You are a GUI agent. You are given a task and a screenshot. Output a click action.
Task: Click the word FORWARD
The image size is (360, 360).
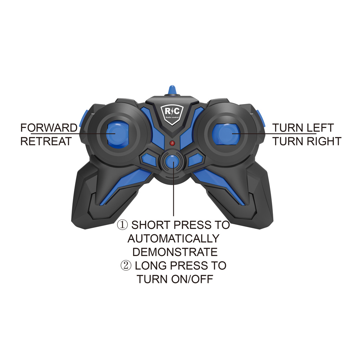click(49, 128)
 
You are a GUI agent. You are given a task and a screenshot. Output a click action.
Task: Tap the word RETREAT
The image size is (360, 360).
click(46, 141)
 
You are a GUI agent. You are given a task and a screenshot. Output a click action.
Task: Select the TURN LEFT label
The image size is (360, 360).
click(303, 128)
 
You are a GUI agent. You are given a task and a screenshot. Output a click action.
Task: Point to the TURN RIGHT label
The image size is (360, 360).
click(307, 141)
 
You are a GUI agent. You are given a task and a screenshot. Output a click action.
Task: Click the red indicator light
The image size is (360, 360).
click(172, 143)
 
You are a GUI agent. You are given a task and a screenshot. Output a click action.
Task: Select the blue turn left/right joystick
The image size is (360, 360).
click(226, 134)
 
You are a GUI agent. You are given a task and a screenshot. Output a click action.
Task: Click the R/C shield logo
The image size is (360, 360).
click(172, 114)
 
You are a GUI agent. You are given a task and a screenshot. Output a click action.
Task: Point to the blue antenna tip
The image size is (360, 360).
click(172, 90)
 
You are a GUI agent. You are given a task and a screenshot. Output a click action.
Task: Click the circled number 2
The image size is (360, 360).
click(126, 266)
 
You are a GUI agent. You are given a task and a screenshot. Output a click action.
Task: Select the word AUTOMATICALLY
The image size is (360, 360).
click(174, 239)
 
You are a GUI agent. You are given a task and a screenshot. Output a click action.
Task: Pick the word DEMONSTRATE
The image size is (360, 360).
click(175, 252)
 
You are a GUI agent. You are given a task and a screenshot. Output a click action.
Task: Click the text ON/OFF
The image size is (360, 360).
click(192, 279)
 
